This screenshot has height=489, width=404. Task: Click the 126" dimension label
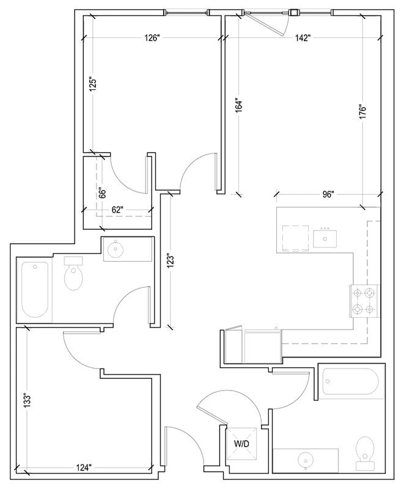coord(152,38)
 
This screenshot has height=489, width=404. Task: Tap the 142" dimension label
coord(302,38)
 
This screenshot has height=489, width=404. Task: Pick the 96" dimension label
coord(328,194)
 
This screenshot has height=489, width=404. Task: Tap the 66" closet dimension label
coord(103,193)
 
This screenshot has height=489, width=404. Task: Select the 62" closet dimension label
coord(118,210)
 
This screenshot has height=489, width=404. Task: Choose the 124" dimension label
coord(84,468)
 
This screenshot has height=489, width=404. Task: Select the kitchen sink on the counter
coord(325,237)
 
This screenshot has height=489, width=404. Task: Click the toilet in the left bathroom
coord(74,274)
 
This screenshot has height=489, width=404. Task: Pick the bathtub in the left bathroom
coord(35,290)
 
